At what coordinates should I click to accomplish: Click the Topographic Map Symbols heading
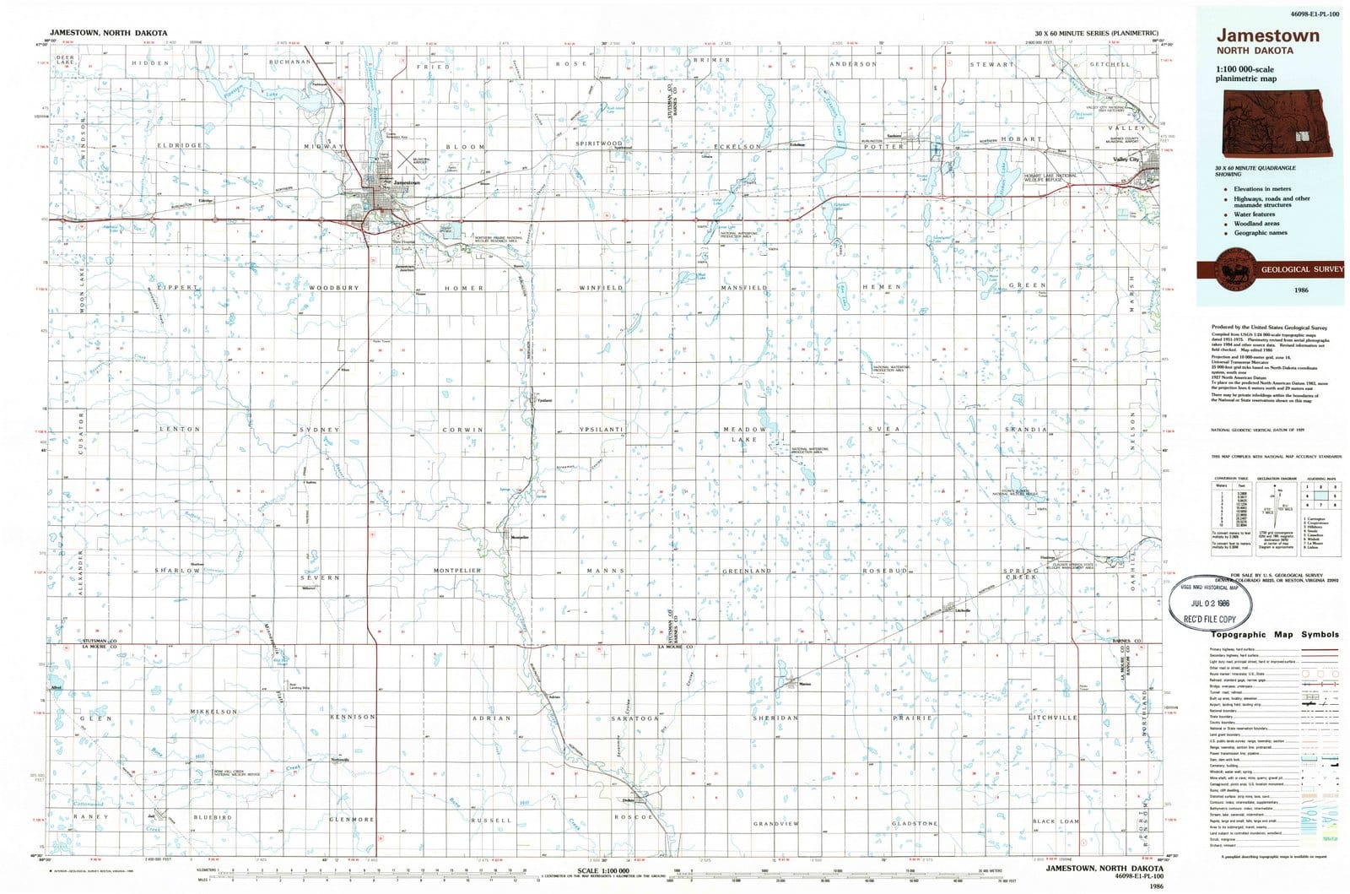(1275, 634)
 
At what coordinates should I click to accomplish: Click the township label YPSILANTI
(601, 430)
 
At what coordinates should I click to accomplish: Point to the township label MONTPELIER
(457, 571)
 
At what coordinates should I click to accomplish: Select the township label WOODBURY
(334, 288)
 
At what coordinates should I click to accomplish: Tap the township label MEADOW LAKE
(744, 434)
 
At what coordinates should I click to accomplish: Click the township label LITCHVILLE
(1053, 718)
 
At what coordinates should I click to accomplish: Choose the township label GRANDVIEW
(776, 823)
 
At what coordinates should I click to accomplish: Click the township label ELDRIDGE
(180, 145)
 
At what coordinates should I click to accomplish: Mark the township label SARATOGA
(634, 718)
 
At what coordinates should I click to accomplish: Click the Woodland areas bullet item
(1256, 224)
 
